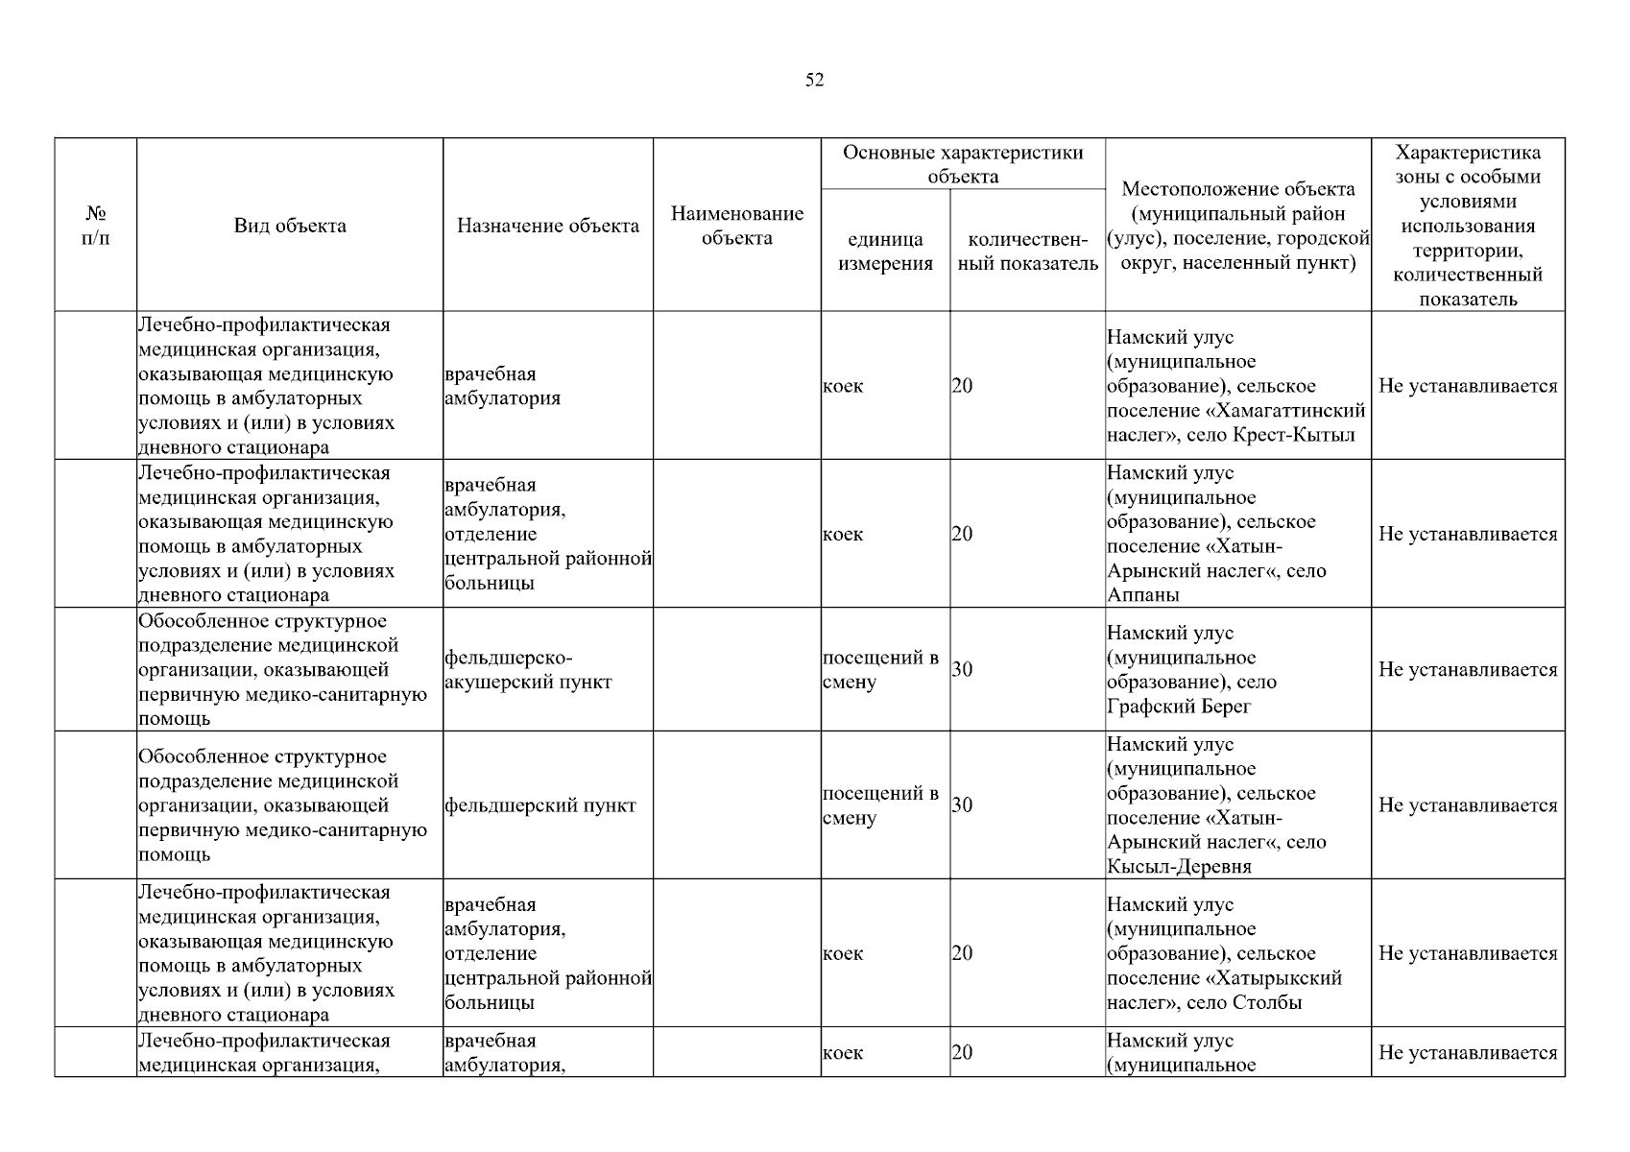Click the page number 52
pyautogui.click(x=814, y=81)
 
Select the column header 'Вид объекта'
pyautogui.click(x=290, y=226)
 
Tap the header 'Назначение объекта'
pyautogui.click(x=547, y=226)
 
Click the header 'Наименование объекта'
pyautogui.click(x=736, y=226)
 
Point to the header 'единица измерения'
pyautogui.click(x=885, y=252)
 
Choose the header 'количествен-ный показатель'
pyautogui.click(x=1027, y=252)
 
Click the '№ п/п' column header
pyautogui.click(x=96, y=226)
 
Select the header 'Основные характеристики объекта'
pyautogui.click(x=963, y=164)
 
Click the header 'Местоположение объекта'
pyautogui.click(x=1237, y=226)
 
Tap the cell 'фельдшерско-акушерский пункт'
pyautogui.click(x=528, y=670)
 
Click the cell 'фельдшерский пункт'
pyautogui.click(x=540, y=805)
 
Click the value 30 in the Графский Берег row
pyautogui.click(x=962, y=670)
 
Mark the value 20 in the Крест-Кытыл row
pyautogui.click(x=962, y=386)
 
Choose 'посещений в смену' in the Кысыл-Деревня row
pyautogui.click(x=880, y=805)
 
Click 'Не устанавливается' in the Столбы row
pyautogui.click(x=1468, y=953)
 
